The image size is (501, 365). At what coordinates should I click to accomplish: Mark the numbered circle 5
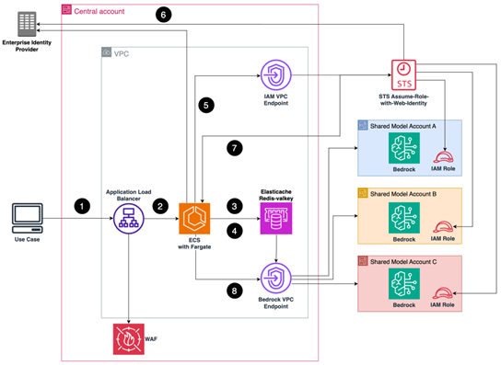[x=208, y=105]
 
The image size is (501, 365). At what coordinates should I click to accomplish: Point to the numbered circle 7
[x=235, y=147]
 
